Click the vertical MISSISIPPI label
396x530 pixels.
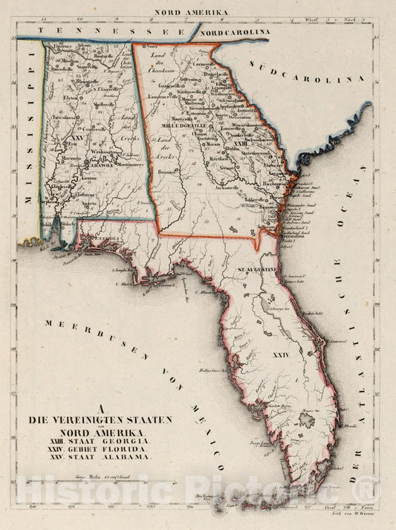click(x=31, y=146)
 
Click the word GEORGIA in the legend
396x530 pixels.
click(x=129, y=442)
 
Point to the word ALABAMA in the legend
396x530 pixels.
click(x=129, y=459)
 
